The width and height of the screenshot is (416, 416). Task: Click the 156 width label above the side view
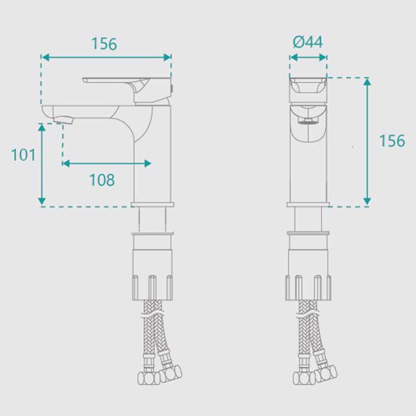point(104,44)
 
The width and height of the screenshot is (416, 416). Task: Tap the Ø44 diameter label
point(308,42)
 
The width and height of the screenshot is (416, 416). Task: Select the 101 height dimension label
point(23,155)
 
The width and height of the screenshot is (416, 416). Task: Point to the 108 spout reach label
point(102,180)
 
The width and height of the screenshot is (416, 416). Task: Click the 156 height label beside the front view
point(392,141)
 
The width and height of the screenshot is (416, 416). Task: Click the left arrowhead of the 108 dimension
point(66,164)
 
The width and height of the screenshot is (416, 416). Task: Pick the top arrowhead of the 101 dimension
point(42,128)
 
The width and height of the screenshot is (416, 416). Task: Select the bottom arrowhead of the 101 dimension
point(42,201)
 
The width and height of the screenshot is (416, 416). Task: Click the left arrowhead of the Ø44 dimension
point(293,57)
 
